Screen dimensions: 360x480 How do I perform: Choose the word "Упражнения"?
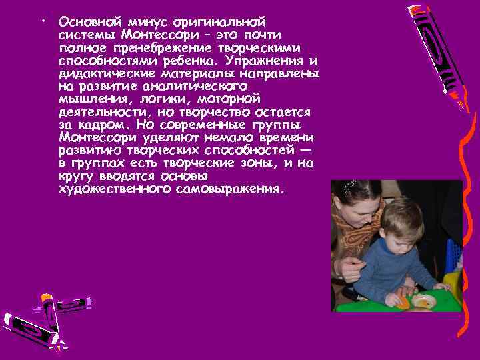[274, 61]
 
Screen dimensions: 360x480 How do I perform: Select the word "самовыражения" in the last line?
[231, 189]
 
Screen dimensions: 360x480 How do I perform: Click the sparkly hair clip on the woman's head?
[347, 189]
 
